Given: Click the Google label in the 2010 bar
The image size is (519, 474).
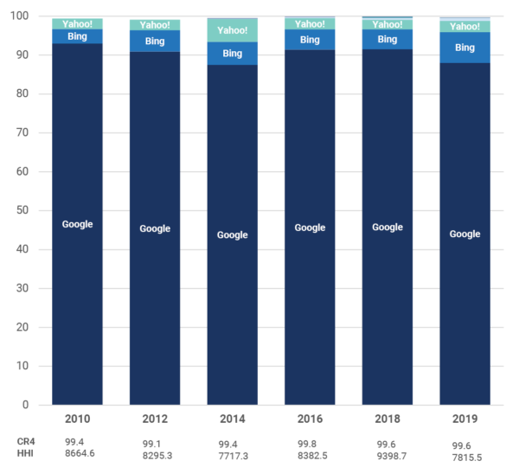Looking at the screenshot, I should (77, 224).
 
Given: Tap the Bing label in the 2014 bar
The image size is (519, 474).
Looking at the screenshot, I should (232, 54).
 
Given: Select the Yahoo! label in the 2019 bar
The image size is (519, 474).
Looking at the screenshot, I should (465, 27).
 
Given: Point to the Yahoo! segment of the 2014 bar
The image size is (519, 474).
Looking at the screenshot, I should (232, 30).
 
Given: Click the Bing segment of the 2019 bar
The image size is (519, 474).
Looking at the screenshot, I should (465, 48).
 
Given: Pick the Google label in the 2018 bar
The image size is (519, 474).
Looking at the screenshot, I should (387, 227).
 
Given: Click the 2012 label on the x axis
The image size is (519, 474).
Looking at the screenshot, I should (155, 420).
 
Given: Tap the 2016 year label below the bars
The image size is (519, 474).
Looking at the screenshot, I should (310, 420).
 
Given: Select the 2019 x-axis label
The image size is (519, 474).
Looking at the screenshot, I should (465, 420).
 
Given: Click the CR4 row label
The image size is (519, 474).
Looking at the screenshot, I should (26, 441).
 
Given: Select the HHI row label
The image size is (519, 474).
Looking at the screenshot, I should (25, 454).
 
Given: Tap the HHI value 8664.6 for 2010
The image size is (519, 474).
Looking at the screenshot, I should (80, 454).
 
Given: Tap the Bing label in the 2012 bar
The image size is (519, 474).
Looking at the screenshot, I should (155, 41).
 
